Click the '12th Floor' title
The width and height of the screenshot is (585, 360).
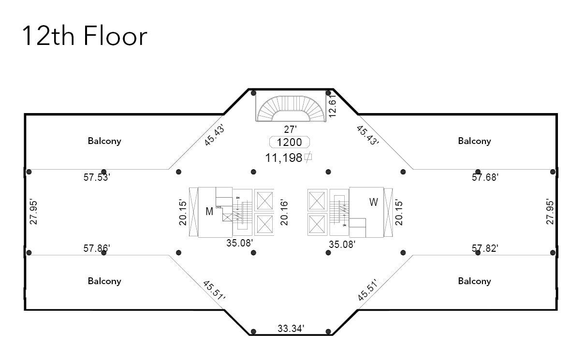85,37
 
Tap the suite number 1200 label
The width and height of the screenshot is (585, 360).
289,142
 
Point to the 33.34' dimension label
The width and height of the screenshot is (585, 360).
291,329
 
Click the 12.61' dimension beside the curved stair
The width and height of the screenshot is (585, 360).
332,106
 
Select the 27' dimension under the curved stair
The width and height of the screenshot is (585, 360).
290,130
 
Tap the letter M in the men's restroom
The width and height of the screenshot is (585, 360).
209,212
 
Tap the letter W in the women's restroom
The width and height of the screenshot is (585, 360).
373,202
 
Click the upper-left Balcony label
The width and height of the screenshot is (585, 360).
104,141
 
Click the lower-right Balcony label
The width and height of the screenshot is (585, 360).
474,281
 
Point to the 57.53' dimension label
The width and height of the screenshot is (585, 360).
97,177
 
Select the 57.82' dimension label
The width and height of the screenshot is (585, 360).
485,248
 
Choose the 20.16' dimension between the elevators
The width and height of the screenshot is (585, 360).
285,213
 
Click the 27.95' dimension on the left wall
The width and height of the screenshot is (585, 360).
33,212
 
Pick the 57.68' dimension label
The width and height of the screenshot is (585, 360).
485,177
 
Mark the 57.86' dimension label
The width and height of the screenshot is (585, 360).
97,248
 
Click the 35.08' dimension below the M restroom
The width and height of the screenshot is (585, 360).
240,243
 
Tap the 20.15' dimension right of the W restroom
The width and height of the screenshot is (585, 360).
399,213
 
